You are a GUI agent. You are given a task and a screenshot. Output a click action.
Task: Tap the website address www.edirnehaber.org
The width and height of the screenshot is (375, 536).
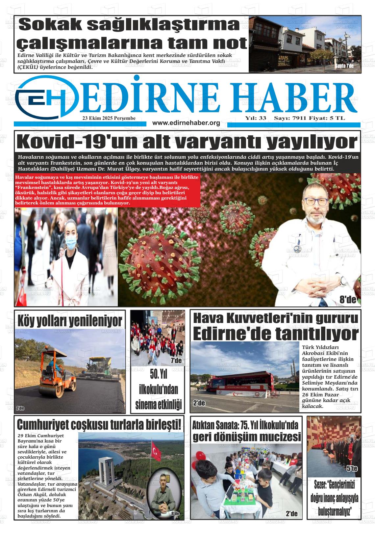click(x=186, y=123)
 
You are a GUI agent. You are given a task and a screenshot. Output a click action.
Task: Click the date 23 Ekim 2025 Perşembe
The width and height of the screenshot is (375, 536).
click(x=109, y=118)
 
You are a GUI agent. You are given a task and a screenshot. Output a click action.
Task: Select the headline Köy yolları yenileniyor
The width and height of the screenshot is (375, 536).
click(x=70, y=320)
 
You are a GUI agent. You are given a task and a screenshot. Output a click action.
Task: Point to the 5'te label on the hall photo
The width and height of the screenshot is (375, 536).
click(x=352, y=469)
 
